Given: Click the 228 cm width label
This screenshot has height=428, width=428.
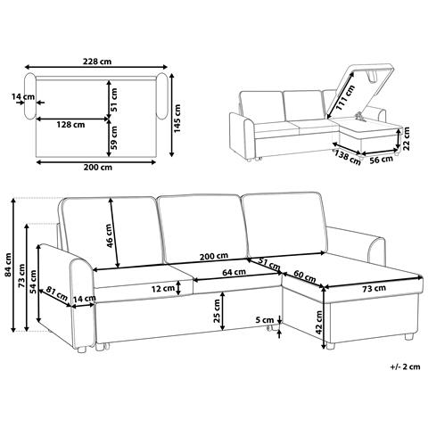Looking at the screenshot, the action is point(97,62).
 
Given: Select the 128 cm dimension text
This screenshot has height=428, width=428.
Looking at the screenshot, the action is point(70,125).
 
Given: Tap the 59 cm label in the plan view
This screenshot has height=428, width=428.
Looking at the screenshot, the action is point(113,137).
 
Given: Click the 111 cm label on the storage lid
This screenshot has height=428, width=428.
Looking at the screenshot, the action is point(345,98).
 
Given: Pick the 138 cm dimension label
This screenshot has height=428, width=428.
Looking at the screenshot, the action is point(347,157).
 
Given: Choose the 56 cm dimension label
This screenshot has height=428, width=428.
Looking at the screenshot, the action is point(381,160).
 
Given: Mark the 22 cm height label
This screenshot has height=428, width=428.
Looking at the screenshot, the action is point(407,138).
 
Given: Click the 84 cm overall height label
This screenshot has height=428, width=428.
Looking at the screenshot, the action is point(8,265).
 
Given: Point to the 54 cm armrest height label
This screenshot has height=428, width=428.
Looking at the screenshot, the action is point(33,282).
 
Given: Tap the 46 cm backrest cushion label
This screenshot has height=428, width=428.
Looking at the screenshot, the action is point(109,236).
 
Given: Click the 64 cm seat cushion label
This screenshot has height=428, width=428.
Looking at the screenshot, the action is point(234,272).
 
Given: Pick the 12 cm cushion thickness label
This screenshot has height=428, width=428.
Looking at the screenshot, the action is point(163,288).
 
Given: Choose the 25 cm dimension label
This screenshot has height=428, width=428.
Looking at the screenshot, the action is point(217,311).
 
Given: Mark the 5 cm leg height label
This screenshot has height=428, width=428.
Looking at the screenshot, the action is point(265,320).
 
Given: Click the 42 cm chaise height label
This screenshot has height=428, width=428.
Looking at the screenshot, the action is point(319,323).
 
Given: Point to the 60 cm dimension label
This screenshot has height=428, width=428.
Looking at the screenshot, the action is point(304,276).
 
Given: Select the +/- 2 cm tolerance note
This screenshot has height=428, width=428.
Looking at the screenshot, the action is point(406,366).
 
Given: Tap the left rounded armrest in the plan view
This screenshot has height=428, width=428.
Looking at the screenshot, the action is point(30,96).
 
